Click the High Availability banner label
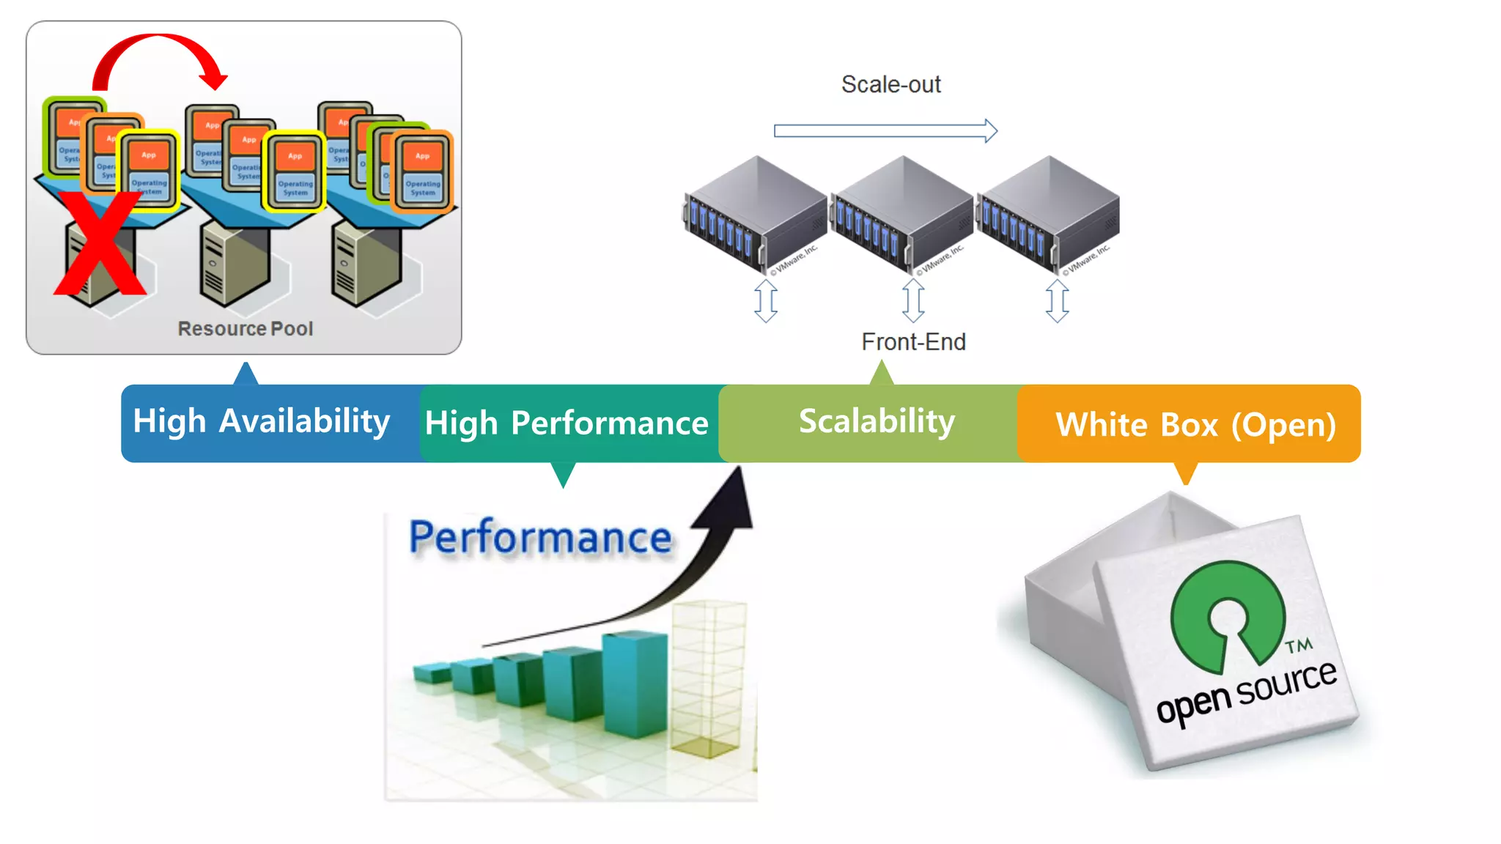click(261, 422)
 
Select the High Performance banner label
click(567, 423)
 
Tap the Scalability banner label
click(877, 421)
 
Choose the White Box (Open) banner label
click(1195, 425)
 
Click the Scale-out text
click(890, 84)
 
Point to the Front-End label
click(913, 342)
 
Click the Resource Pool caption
click(245, 329)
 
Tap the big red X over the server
click(99, 245)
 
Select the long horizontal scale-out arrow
click(885, 131)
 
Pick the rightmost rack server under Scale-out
click(1050, 212)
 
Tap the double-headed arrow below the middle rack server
click(913, 300)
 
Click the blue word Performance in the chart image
click(540, 538)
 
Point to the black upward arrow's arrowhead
click(729, 502)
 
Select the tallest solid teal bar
click(634, 685)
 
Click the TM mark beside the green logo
click(1299, 645)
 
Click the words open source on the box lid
click(1246, 692)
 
